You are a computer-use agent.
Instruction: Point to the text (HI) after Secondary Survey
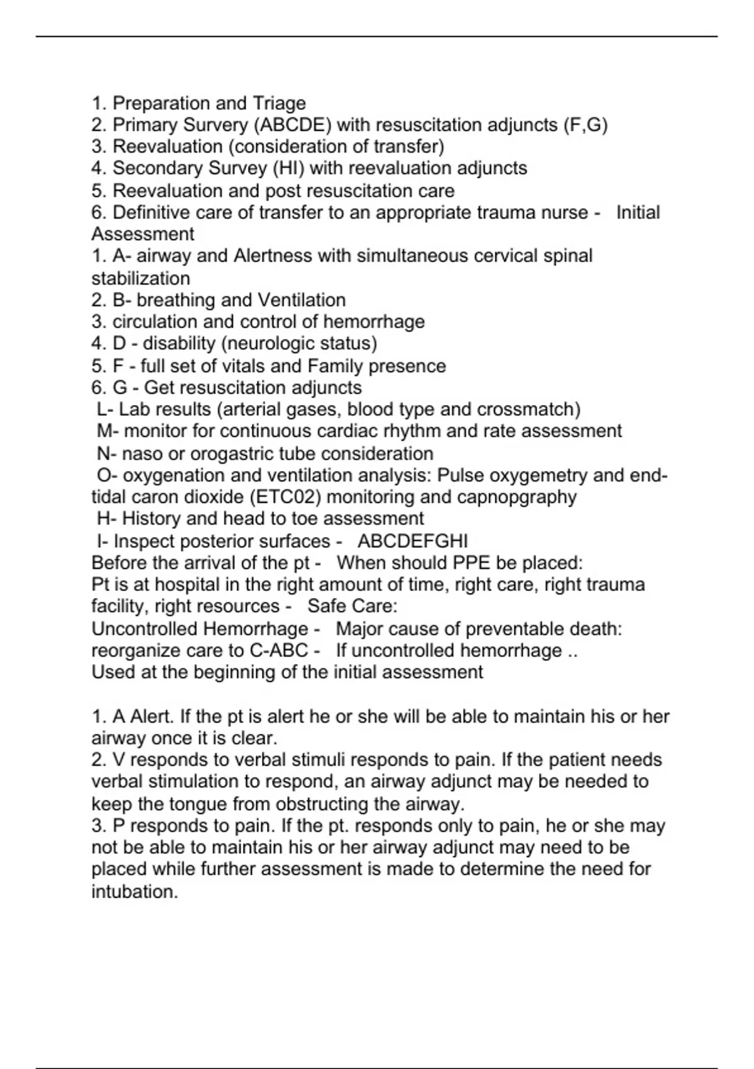click(288, 169)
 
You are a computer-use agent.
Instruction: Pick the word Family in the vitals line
click(336, 366)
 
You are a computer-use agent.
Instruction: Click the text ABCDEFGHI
click(413, 541)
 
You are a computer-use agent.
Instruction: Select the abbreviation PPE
click(462, 563)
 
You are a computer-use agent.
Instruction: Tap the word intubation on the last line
click(134, 892)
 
